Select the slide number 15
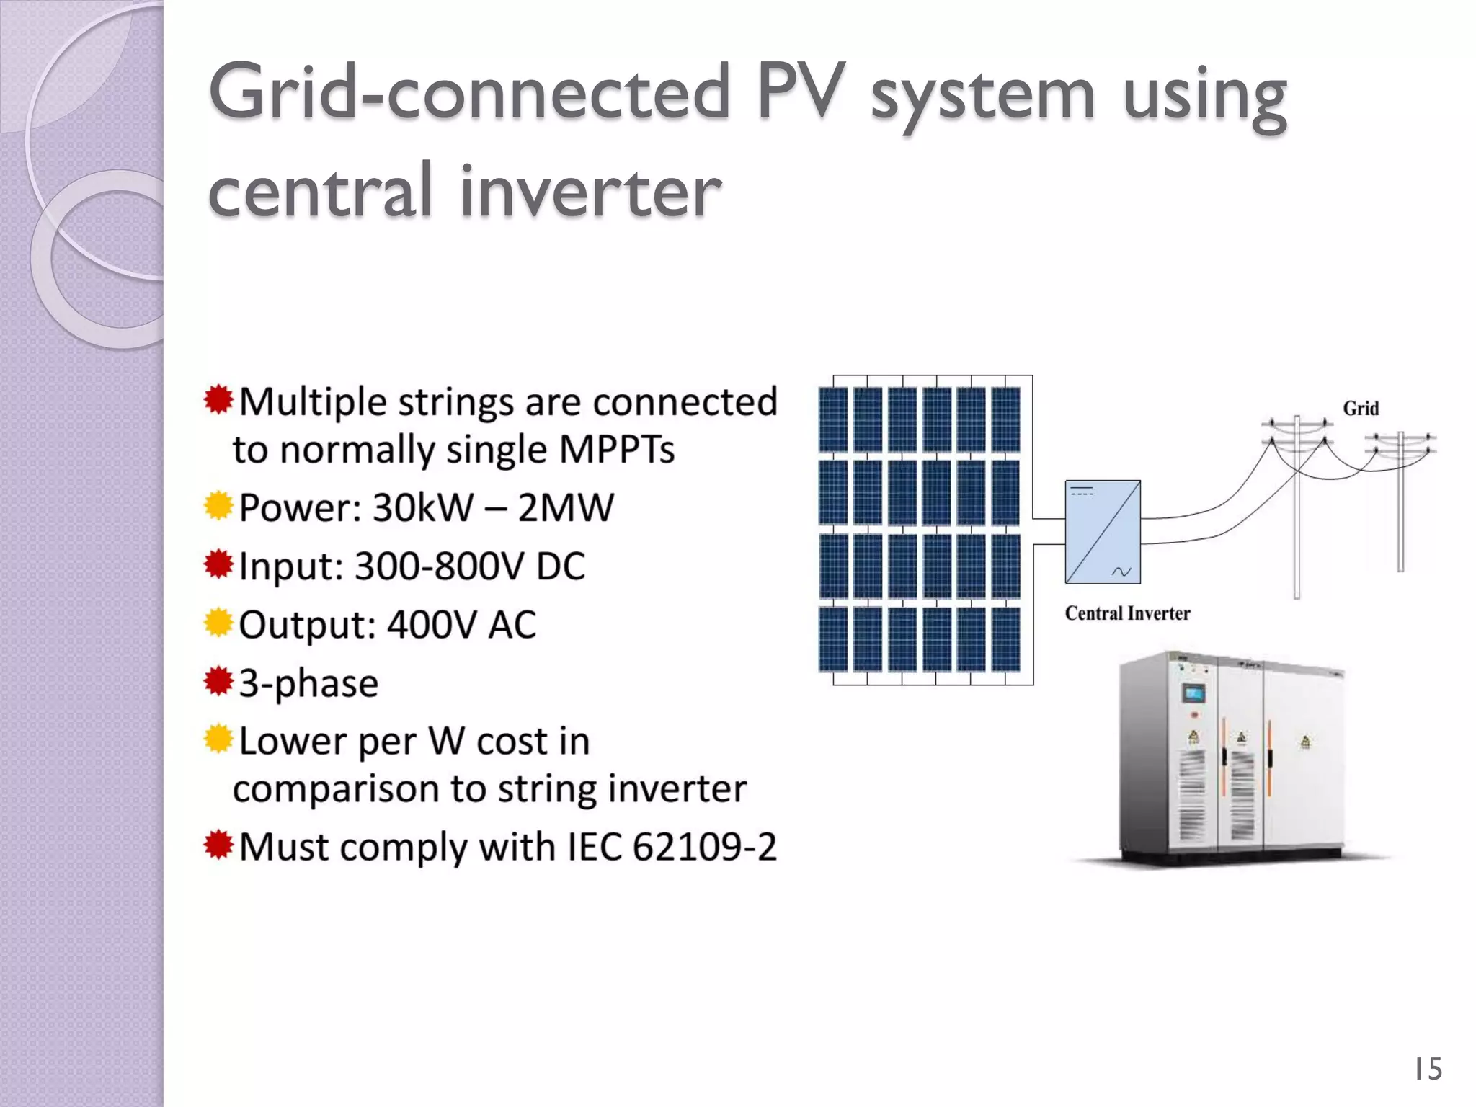pos(1427,1069)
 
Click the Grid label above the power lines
pos(1361,409)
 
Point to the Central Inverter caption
pos(1127,613)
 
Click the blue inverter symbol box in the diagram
pos(1103,532)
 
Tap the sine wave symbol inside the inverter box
pos(1121,572)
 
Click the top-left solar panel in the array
pos(833,419)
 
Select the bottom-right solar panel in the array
pos(1006,639)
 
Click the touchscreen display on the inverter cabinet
pos(1193,694)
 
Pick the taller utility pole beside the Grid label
pos(1297,504)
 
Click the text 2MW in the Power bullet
pos(565,507)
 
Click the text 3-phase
pos(308,683)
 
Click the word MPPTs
pos(616,450)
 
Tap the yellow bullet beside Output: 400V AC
pos(218,623)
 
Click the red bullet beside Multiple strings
pos(218,400)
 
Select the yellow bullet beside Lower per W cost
pos(218,739)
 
